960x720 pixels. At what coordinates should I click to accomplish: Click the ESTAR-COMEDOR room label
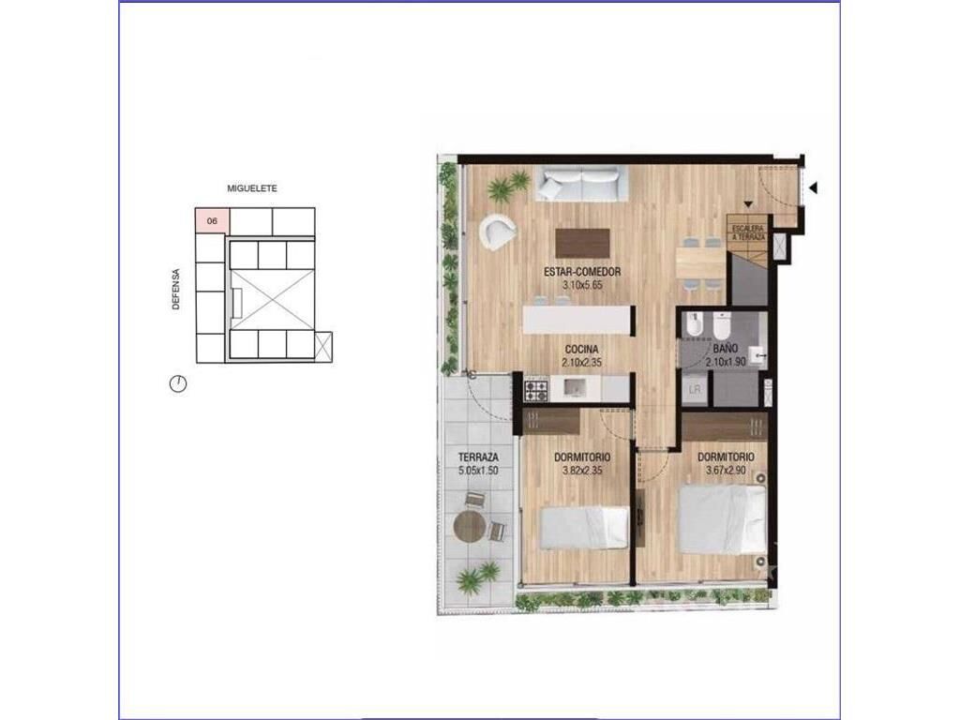[x=582, y=273]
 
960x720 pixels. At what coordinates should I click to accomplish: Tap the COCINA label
[x=581, y=350]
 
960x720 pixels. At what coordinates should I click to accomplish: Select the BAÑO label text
[x=726, y=349]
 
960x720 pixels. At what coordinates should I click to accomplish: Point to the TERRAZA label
[x=478, y=457]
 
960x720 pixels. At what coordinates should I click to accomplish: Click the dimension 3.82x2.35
[x=582, y=471]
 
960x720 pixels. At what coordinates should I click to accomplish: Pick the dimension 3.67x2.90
[x=727, y=471]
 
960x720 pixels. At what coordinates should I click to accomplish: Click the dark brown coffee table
[x=582, y=243]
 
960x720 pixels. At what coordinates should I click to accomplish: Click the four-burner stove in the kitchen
[x=536, y=390]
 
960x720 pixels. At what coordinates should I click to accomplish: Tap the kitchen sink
[x=576, y=388]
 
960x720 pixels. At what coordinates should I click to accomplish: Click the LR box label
[x=695, y=389]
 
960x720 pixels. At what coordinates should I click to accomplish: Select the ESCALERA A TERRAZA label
[x=748, y=232]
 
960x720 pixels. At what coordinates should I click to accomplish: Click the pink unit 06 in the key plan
[x=211, y=221]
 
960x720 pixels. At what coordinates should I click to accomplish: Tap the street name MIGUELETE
[x=252, y=188]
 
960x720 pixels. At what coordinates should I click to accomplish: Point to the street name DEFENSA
[x=176, y=290]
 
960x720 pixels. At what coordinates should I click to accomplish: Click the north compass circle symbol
[x=177, y=383]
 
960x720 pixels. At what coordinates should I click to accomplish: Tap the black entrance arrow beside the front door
[x=813, y=188]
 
